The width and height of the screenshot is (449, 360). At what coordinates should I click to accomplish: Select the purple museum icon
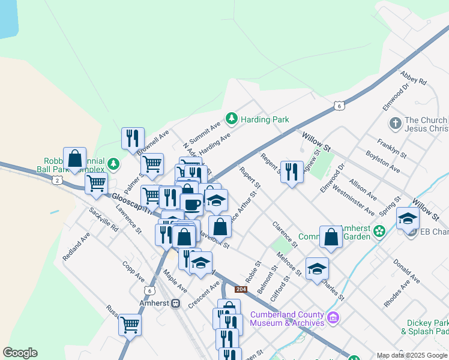(333, 317)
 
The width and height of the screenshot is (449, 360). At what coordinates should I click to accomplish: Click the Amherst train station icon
(176, 303)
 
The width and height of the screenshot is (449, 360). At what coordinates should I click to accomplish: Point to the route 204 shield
(241, 289)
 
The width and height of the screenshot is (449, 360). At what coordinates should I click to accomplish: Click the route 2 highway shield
(56, 180)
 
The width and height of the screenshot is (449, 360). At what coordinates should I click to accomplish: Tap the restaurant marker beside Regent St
(292, 172)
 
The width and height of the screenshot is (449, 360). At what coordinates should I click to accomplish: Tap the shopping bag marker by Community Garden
(331, 237)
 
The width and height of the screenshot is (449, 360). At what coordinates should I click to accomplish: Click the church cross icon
(395, 124)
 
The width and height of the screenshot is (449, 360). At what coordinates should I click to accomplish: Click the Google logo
(20, 353)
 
